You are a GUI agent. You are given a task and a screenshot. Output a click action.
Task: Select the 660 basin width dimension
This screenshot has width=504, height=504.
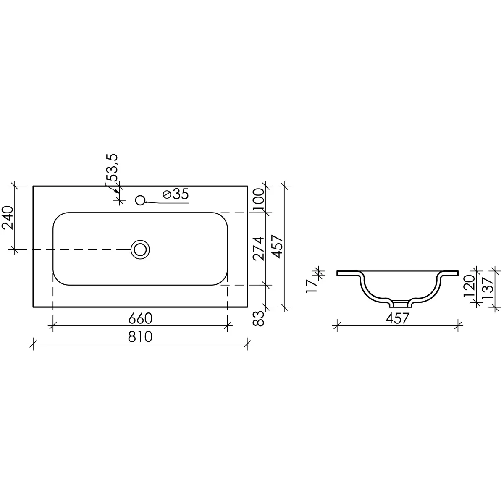coord(140,318)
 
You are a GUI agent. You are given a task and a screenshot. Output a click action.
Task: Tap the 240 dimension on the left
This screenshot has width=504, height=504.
coord(7,218)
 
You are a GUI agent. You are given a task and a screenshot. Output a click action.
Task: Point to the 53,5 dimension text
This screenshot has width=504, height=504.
coord(112,168)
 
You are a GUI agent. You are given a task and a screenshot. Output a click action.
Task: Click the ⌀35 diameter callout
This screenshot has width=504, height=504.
coord(175,194)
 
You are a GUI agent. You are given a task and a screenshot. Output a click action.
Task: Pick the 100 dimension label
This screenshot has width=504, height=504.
coord(259,200)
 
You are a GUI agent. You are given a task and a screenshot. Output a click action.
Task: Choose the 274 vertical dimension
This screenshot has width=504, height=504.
coord(259,249)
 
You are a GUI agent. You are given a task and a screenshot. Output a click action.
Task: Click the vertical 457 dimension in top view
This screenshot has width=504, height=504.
coord(278,247)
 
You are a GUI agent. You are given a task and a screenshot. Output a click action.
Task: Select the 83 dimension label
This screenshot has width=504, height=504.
coord(259,318)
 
